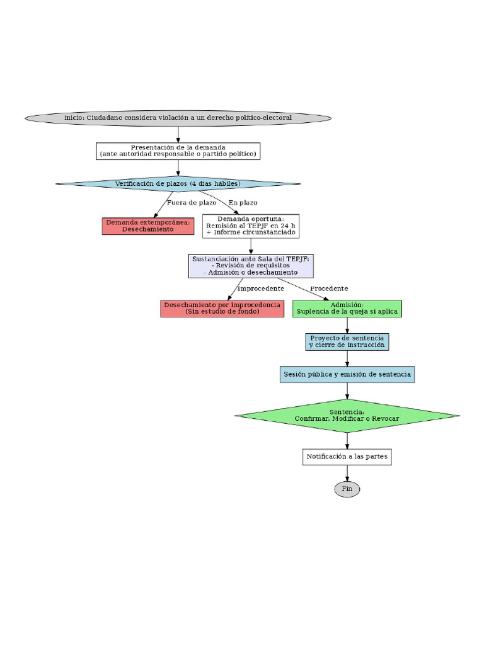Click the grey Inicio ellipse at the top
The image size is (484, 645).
[x=178, y=118]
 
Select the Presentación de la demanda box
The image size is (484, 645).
[x=178, y=151]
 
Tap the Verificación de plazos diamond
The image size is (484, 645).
[x=178, y=183]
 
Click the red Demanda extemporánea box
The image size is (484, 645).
[x=147, y=226]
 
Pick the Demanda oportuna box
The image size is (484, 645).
[x=251, y=226]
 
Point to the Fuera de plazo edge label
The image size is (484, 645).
[x=192, y=203]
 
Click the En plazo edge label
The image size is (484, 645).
[x=243, y=203]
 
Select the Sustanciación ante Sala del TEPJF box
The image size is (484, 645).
[x=251, y=266]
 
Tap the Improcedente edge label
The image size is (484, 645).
[x=260, y=288]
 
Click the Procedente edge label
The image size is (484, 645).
[x=328, y=288]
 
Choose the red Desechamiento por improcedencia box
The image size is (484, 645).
[x=222, y=308]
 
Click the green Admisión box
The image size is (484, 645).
[x=347, y=308]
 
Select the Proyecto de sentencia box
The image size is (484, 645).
[x=347, y=342]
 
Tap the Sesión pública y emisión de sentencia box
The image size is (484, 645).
[x=347, y=374]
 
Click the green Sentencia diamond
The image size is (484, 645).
[x=347, y=415]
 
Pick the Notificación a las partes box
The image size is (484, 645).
[x=347, y=456]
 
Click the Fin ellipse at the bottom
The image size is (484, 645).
[x=347, y=489]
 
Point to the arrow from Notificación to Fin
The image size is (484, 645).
[x=347, y=472]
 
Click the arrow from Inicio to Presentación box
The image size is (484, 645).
[x=178, y=134]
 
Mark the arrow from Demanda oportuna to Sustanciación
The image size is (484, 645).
[x=251, y=246]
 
